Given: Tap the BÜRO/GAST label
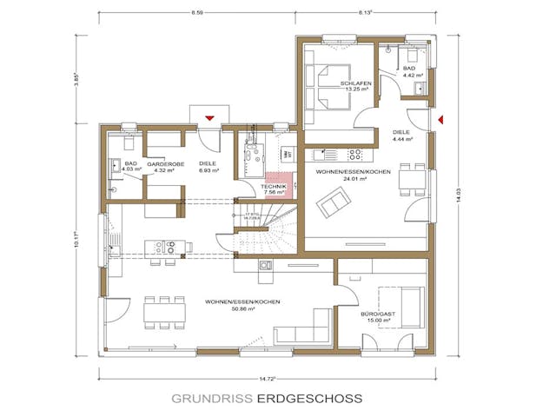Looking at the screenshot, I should coord(378,314).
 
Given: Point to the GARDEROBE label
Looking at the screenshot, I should coord(162,163).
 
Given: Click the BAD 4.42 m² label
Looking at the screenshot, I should coord(409,70).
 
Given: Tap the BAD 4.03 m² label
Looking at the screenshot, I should coord(130,167).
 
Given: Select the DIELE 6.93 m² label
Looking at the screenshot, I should coord(207,167).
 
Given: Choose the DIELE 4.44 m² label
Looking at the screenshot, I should coord(402,135).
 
